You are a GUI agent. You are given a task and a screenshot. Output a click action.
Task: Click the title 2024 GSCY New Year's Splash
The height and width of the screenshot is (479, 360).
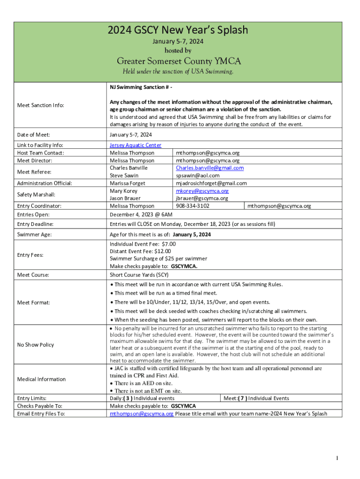[x=178, y=31]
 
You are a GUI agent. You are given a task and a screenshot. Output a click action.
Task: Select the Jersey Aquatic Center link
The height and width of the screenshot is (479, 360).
[x=136, y=145]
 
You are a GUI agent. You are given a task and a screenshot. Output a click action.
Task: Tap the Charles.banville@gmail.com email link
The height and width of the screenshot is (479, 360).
[x=209, y=168]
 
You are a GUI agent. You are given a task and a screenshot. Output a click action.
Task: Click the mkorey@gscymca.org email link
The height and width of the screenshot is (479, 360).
[x=202, y=191]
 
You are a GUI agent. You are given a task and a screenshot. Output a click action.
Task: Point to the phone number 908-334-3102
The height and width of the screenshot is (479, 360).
[x=192, y=206]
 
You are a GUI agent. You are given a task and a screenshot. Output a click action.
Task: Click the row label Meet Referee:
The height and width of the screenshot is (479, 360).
[x=34, y=172]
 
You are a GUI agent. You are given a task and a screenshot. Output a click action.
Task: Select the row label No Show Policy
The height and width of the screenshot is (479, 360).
[x=36, y=345]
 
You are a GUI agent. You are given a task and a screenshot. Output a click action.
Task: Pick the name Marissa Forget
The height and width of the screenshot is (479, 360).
[x=127, y=183]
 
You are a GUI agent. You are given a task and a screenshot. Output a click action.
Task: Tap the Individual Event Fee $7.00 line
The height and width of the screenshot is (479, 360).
[x=143, y=244]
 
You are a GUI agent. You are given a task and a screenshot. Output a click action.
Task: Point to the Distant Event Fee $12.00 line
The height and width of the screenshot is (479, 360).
[x=140, y=251]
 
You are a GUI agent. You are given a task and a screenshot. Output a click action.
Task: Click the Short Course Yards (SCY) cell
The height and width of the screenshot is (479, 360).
[x=139, y=275]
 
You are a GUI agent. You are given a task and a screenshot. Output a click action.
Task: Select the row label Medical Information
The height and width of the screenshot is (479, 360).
[x=41, y=379]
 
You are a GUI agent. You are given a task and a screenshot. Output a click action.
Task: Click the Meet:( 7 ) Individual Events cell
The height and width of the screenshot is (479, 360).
[x=256, y=399]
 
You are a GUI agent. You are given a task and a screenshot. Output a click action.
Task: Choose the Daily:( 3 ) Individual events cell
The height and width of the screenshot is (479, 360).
[x=142, y=399]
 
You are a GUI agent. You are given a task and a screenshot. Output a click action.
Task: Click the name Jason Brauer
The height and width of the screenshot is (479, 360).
[x=125, y=198]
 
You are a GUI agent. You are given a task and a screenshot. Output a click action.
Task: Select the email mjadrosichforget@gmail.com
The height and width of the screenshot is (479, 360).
[x=211, y=183]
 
